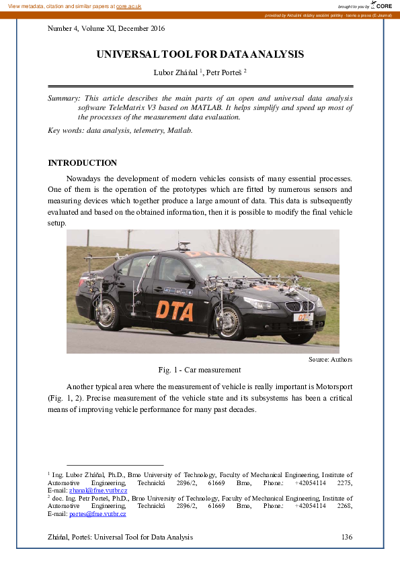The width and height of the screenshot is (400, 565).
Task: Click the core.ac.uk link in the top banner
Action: (x=128, y=6)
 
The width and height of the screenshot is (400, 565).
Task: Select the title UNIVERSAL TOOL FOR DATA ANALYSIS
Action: (x=200, y=54)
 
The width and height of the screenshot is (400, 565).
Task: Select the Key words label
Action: (x=65, y=130)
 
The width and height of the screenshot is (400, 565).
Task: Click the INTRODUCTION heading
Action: (x=82, y=163)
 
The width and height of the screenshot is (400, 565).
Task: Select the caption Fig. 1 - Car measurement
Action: (x=200, y=370)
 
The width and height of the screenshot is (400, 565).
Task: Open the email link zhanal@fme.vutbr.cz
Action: (x=97, y=491)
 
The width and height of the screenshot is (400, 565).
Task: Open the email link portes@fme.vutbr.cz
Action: (x=97, y=514)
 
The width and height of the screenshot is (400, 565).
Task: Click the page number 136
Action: (x=346, y=537)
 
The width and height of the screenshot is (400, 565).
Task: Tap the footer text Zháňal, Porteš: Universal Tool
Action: (x=120, y=537)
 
